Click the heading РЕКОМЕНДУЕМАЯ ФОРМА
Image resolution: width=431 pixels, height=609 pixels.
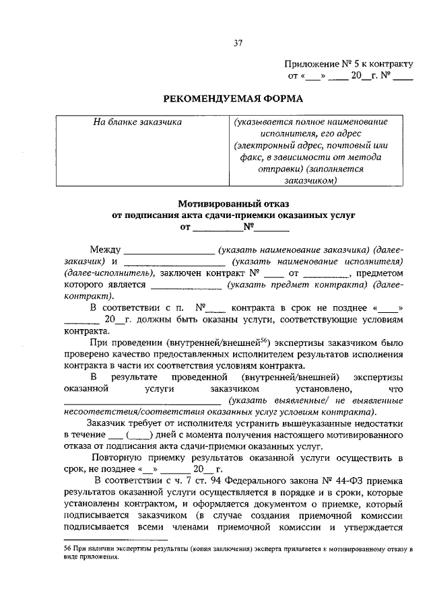(x=234, y=98)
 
